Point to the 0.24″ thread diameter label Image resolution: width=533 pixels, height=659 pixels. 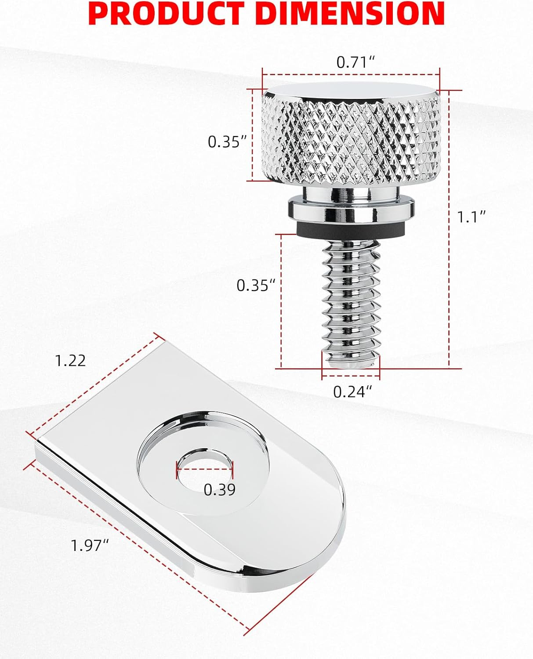click(352, 391)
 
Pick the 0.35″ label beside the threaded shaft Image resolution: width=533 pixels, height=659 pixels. click(255, 285)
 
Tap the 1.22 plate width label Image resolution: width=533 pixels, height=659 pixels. click(70, 361)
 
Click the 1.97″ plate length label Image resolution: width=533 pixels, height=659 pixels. click(90, 546)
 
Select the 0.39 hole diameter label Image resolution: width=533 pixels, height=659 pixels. click(219, 489)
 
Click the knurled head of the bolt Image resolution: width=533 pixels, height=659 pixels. click(351, 141)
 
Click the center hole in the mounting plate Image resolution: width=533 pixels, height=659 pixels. click(205, 466)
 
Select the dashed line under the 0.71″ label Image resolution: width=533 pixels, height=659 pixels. click(351, 74)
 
